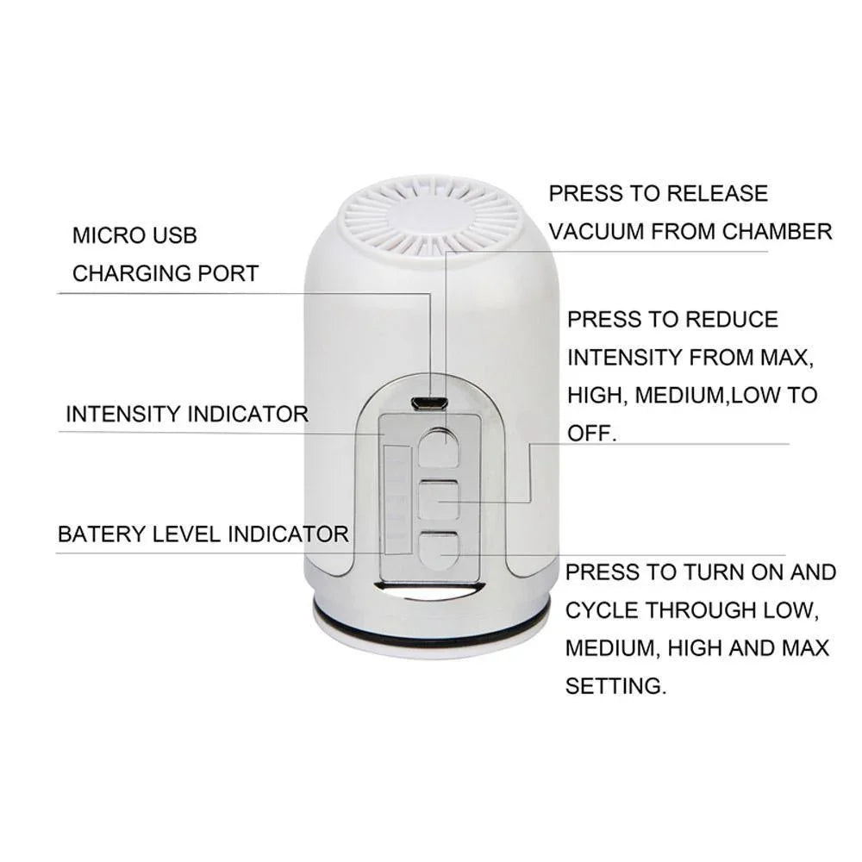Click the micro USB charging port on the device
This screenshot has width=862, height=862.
point(428,404)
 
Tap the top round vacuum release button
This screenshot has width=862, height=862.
point(439,447)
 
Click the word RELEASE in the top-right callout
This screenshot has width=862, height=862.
point(717,193)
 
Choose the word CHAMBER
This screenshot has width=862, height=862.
point(778,232)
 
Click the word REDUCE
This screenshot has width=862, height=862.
point(732,320)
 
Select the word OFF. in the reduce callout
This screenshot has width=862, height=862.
point(591,434)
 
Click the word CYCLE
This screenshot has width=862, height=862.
point(601,610)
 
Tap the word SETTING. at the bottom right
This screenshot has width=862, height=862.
point(615,686)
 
